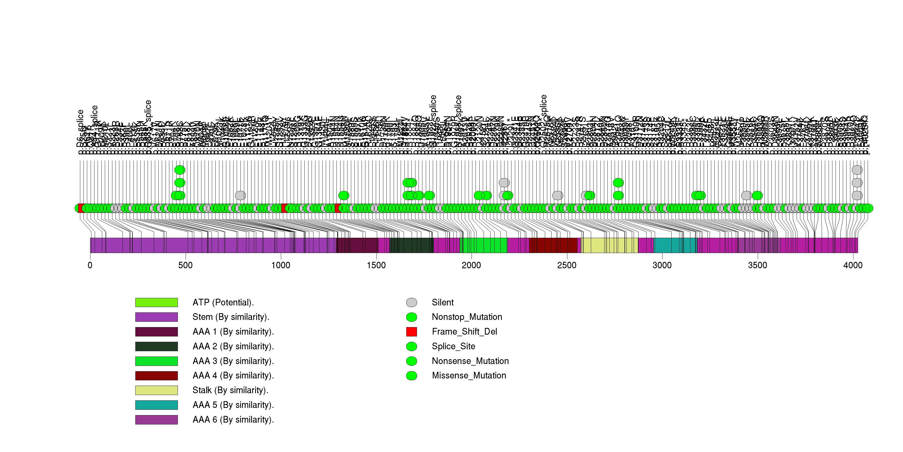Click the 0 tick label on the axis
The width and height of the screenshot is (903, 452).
90,265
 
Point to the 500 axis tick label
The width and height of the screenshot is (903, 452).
185,265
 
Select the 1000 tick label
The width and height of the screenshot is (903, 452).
281,265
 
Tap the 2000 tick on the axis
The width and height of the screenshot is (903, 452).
472,265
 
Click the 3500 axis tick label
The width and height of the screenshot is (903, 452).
757,265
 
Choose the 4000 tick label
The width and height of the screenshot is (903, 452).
853,265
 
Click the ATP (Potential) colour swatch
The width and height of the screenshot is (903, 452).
156,302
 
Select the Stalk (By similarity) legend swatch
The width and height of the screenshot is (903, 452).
156,390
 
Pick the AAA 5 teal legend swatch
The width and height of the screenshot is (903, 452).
156,405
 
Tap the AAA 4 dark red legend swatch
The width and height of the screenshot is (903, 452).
156,376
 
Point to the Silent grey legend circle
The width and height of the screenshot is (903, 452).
412,302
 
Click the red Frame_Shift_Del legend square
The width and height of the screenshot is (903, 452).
412,331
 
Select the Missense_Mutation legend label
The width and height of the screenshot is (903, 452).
469,376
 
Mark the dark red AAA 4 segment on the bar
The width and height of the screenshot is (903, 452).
553,245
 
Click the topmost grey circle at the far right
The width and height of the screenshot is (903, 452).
857,170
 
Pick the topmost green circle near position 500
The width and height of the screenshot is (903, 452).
180,170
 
